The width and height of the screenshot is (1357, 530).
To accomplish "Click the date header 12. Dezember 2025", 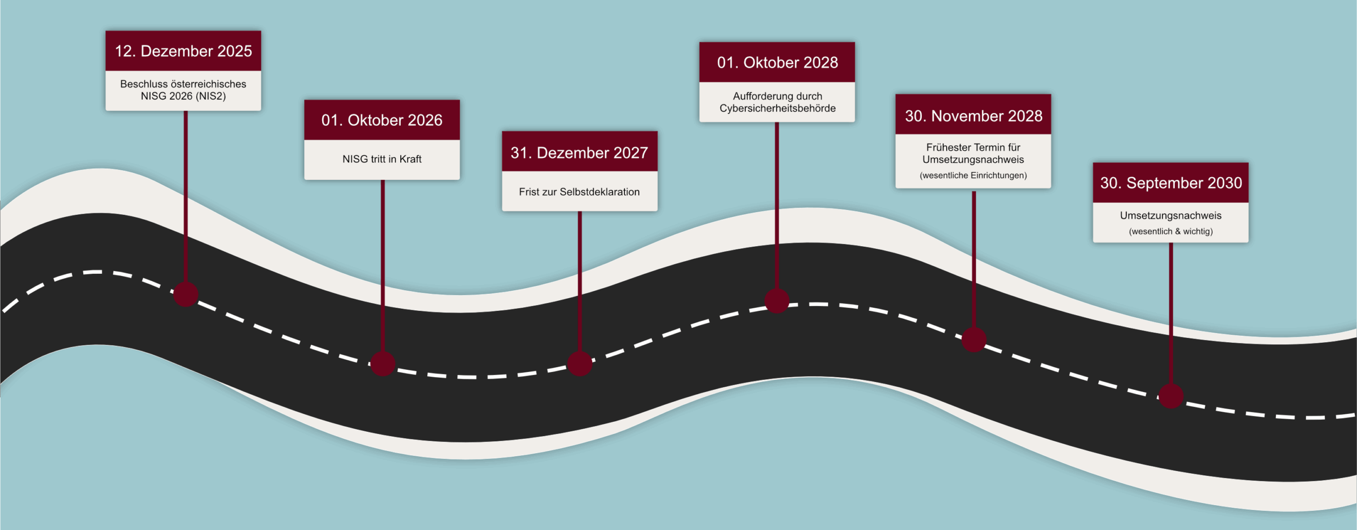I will coord(183,51).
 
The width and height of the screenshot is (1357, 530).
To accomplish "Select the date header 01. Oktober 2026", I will coord(382,120).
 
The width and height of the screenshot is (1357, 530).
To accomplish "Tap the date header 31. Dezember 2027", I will coord(579,153).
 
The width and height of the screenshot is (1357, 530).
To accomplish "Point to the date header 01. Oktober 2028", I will coord(777,63).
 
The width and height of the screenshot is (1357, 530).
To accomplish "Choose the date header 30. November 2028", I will coord(973,116).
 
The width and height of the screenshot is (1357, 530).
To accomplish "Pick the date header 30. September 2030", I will coord(1171,183).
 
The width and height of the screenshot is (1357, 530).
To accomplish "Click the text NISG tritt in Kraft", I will coord(382,159).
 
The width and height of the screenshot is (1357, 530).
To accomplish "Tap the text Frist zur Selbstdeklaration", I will coord(579,192).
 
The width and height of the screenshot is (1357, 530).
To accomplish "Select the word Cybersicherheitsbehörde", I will coord(777,108).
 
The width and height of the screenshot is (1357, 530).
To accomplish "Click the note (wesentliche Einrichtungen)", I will coord(973,176).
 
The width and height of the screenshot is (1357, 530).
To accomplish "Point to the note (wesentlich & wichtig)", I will coord(1171,231).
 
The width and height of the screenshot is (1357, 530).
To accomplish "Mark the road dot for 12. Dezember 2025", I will coord(186,294).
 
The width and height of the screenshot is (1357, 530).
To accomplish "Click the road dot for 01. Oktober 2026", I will coord(383,364).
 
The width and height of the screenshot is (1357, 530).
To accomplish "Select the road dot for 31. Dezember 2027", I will coord(579,364).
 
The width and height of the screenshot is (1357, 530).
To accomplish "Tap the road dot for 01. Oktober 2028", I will coord(777,301).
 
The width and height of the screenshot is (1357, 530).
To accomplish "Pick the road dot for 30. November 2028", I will coord(974,340).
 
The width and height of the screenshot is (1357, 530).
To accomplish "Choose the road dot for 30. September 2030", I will coord(1171,396).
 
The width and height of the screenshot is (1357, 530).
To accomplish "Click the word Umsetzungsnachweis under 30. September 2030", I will coord(1171,215).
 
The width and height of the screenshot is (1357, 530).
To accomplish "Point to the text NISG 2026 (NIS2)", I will coord(183,96).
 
